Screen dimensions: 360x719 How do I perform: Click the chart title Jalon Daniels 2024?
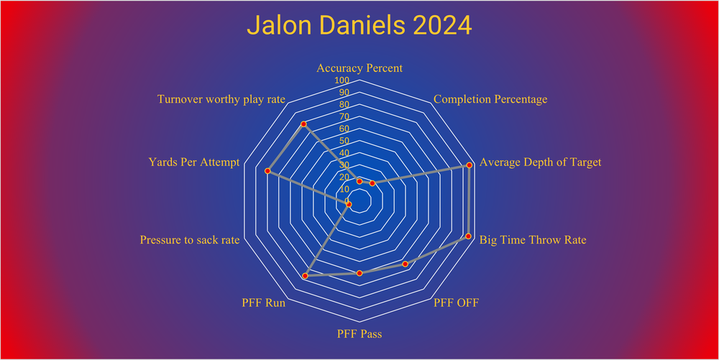[x=359, y=26]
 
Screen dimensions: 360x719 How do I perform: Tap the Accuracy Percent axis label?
[x=359, y=68]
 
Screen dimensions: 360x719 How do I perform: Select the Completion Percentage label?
[x=490, y=99]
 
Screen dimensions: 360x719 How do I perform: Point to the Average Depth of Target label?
[x=540, y=162]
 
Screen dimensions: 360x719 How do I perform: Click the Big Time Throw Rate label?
[x=533, y=240]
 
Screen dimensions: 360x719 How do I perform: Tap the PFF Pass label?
[x=359, y=334]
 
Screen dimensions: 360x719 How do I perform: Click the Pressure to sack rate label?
[x=190, y=240]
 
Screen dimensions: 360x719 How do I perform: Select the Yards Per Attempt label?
[x=193, y=162]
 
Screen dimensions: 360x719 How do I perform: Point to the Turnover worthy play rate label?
[x=221, y=99]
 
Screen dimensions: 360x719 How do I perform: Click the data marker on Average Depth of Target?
[x=470, y=165]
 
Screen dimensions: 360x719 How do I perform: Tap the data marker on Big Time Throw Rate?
[x=468, y=236]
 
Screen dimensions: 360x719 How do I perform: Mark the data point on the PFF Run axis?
[x=305, y=276]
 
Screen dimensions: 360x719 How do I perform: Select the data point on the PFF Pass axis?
[x=359, y=273]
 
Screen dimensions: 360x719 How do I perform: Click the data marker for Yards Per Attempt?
[x=267, y=171]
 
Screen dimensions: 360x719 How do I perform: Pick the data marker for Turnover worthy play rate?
[x=303, y=124]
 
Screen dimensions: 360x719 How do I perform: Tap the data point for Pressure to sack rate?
[x=349, y=205]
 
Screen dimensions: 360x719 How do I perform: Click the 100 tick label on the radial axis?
[x=343, y=80]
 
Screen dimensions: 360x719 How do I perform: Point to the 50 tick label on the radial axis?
[x=345, y=141]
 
